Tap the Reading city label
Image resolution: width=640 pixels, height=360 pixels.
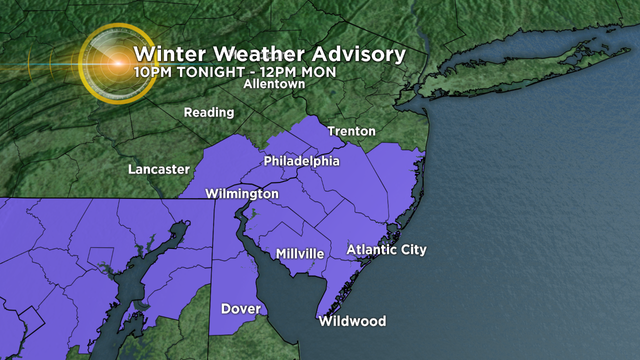click(209, 113)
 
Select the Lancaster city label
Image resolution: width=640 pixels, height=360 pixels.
click(158, 170)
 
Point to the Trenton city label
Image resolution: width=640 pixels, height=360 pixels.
click(351, 131)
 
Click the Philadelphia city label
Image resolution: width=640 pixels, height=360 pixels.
click(302, 161)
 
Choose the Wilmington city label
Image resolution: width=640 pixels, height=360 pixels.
click(241, 193)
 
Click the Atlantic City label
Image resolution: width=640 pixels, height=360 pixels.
click(385, 249)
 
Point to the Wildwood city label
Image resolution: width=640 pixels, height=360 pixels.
click(352, 322)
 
